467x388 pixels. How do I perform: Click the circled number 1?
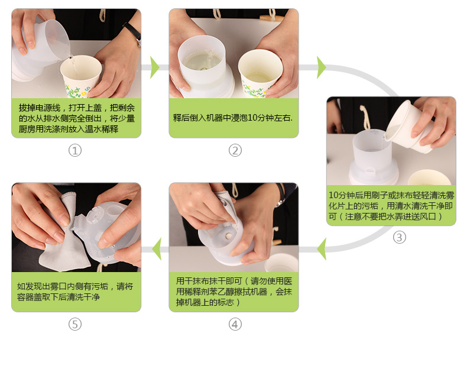tap(74, 150)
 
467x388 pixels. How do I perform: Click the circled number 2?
tap(235, 150)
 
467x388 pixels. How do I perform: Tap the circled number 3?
tap(400, 238)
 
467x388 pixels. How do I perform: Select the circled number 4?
tap(235, 324)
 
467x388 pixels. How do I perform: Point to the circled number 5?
tap(74, 324)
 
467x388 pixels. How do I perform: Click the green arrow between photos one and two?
tap(154, 67)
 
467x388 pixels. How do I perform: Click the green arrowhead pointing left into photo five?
tap(157, 249)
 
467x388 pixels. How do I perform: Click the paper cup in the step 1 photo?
tap(81, 76)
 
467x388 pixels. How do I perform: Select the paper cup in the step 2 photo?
tap(260, 73)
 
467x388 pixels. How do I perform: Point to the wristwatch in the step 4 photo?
tap(280, 195)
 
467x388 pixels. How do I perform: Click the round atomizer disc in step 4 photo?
tap(228, 237)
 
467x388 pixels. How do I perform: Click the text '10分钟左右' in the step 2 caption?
tap(269, 118)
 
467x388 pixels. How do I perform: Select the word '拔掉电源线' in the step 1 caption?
tap(40, 108)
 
